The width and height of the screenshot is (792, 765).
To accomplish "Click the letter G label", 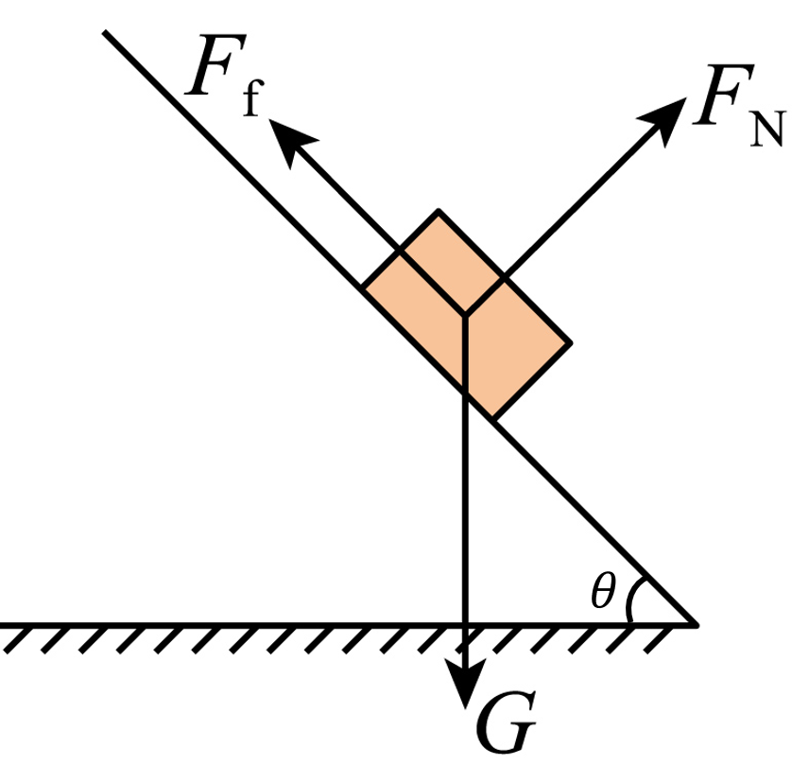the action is pos(507,722).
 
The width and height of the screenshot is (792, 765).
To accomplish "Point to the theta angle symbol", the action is pos(603,590).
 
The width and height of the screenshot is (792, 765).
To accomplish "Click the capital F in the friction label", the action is pos(216,64).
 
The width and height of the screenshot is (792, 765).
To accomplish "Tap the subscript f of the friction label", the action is pos(252,98).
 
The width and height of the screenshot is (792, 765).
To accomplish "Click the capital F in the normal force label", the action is pos(723,95).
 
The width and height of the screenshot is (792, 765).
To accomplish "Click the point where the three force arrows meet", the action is pos(465,316).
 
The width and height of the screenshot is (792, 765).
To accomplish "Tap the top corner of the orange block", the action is pos(439,210).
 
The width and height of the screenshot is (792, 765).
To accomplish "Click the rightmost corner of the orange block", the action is pos(571,343).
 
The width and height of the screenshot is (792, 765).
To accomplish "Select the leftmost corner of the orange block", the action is pos(362,287).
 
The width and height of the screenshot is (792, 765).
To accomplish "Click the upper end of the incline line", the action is pos(104,32).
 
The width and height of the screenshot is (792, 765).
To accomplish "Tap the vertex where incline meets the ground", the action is pos(696,625).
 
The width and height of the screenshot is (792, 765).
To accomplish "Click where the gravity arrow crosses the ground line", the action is pos(466,625).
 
